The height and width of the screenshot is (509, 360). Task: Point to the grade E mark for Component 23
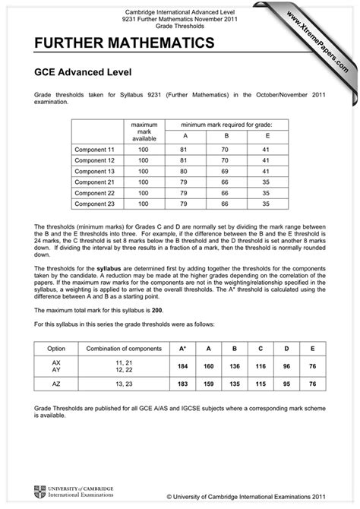pyautogui.click(x=265, y=204)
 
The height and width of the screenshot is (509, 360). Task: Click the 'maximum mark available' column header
pyautogui.click(x=143, y=131)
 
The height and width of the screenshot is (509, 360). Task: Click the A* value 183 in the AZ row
pyautogui.click(x=182, y=384)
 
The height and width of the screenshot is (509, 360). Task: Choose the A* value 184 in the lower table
pyautogui.click(x=182, y=365)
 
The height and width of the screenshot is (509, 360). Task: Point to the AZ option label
pyautogui.click(x=56, y=384)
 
